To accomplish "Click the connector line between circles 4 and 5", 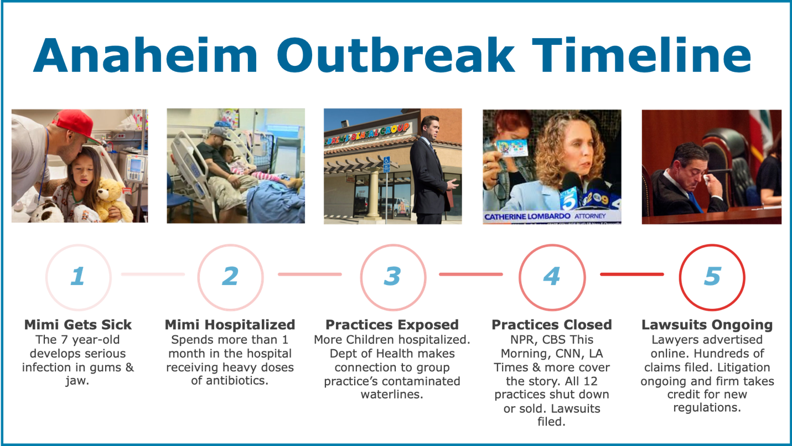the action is [x=632, y=274].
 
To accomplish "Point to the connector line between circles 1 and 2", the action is [x=153, y=274].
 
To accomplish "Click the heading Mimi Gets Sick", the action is [x=78, y=325].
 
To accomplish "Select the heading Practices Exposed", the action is [x=392, y=325].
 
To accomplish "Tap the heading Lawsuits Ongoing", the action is [x=707, y=325].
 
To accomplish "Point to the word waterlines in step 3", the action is [x=392, y=395].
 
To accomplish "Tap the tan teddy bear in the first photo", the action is [x=112, y=200].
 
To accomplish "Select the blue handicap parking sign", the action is [x=386, y=164].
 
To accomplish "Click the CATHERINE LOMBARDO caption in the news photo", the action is [x=527, y=217].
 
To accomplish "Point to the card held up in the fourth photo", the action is [x=511, y=147].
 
